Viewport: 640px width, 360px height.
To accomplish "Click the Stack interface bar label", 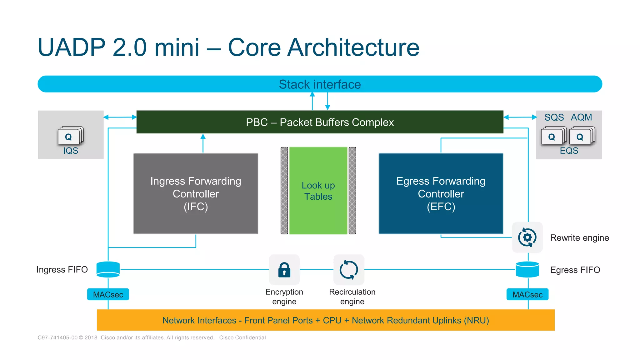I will (320, 84).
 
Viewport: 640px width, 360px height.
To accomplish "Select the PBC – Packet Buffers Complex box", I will (320, 122).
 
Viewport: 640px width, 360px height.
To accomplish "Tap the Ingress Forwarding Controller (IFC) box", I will (196, 194).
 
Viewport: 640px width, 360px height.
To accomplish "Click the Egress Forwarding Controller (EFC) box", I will (441, 194).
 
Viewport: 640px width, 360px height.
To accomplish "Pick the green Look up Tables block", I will (318, 191).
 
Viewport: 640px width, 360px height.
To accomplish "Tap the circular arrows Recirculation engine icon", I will (349, 269).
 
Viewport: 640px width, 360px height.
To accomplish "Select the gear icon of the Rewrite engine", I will (527, 237).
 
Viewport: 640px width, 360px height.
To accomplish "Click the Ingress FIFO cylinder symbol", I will (108, 269).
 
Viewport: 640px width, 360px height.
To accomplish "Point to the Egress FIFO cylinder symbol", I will (527, 269).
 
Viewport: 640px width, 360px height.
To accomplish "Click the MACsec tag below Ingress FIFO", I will (108, 294).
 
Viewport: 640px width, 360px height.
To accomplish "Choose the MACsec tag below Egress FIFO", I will (527, 294).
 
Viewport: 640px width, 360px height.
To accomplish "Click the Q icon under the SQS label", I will (552, 137).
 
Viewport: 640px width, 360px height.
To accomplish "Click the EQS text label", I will (569, 151).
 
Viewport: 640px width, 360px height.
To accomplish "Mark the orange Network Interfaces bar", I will (326, 320).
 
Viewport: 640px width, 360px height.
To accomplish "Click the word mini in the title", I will (177, 47).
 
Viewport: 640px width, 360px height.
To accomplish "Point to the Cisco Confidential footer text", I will (242, 337).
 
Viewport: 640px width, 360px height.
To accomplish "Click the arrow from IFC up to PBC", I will (203, 143).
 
